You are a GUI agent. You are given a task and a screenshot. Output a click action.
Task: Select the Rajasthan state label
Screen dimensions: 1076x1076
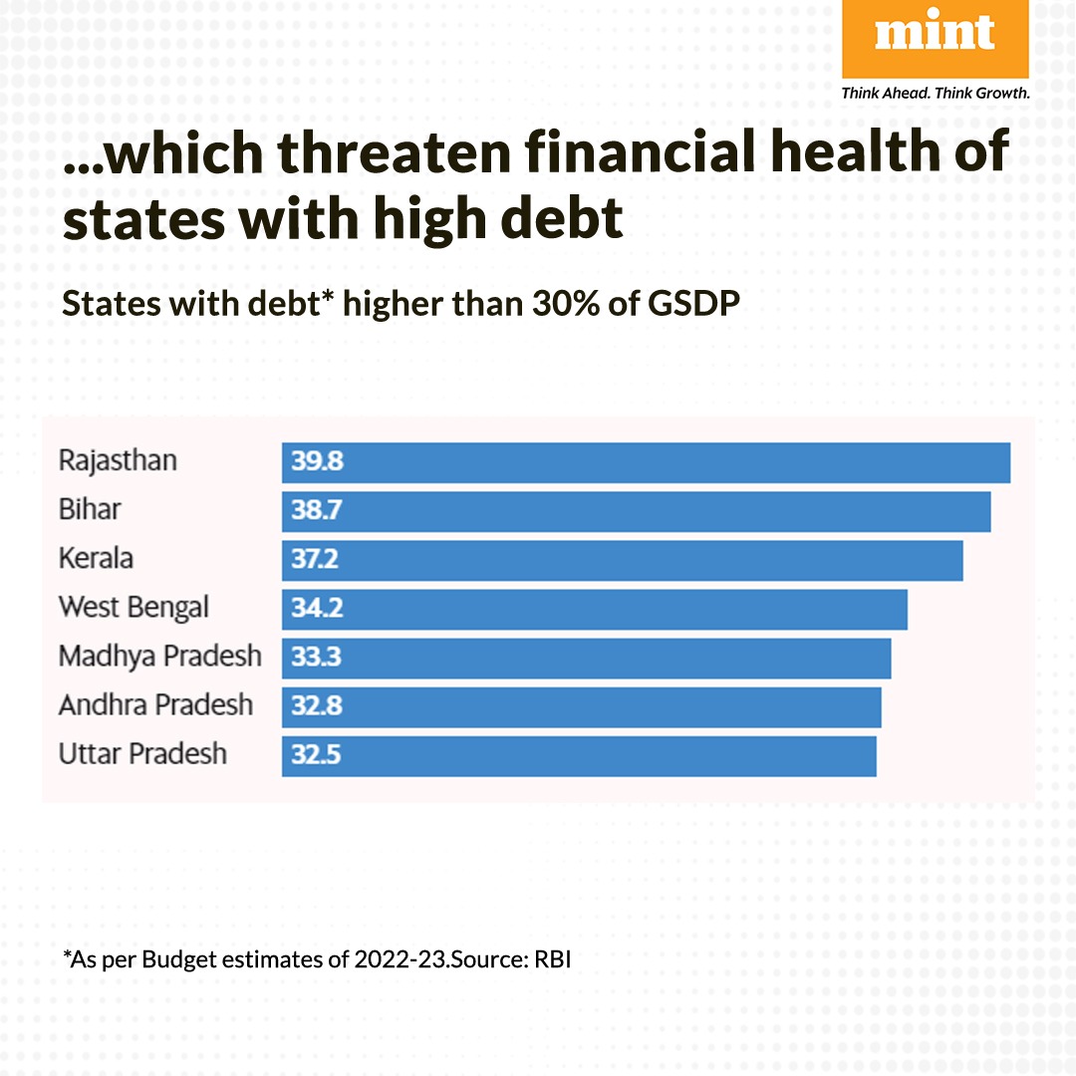[118, 461]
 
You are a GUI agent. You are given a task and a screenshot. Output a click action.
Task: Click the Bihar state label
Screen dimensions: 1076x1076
[90, 510]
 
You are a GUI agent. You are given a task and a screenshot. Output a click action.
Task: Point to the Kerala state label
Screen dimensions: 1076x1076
[96, 559]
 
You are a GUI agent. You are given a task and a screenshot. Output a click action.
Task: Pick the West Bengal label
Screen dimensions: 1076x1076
[134, 608]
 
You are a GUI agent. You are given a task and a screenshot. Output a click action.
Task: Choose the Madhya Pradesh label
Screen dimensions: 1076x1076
[159, 657]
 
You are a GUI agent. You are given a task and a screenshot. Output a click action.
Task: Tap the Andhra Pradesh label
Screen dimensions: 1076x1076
[155, 705]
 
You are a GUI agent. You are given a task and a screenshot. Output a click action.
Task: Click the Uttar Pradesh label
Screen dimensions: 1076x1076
[142, 754]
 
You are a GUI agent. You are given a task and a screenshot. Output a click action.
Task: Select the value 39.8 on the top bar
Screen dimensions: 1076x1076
[317, 462]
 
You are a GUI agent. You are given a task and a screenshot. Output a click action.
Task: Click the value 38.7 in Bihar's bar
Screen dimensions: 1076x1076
[317, 511]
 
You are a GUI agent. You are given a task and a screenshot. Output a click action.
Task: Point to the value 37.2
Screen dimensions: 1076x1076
[315, 560]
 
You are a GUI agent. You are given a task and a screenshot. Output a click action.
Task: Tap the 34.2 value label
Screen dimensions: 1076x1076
[317, 609]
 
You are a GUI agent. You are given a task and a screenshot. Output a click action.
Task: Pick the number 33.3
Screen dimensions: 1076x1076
[316, 658]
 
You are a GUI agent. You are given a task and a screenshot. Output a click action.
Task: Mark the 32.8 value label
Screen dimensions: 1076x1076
[317, 706]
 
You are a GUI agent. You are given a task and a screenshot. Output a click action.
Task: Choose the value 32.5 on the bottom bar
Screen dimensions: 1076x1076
[316, 755]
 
